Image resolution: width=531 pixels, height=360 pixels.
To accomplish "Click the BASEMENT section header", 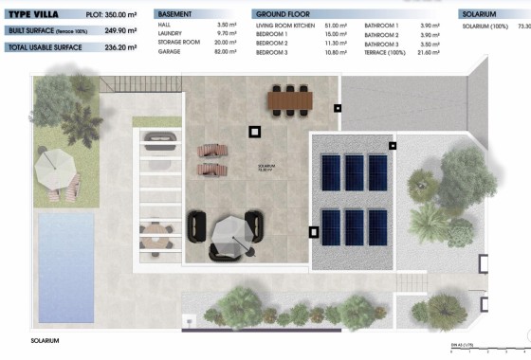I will coord(177,15).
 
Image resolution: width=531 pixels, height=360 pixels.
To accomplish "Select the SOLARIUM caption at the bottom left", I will coord(44,340).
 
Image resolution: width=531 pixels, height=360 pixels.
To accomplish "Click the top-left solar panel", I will coord(332,171).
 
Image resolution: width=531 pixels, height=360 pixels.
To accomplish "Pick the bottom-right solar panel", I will coord(377,225).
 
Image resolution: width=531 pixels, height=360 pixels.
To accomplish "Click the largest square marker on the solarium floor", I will coord(255,133).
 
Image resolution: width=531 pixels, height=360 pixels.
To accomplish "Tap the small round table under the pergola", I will coord(157,230).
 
